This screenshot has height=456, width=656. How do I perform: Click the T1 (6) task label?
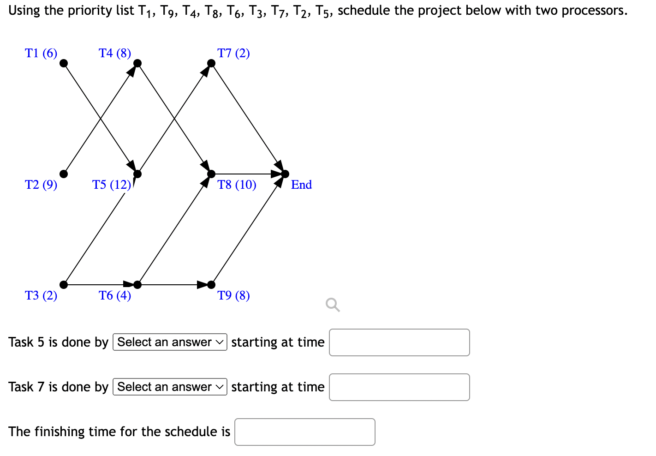point(41,53)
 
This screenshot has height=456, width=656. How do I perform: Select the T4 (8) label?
point(115,53)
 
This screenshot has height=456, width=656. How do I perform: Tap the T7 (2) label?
point(233,53)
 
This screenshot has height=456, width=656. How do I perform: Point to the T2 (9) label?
point(41,185)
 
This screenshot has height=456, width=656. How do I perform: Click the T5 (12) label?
point(112,185)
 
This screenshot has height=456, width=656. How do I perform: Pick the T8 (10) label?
point(237,185)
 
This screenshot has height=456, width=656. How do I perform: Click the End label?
point(301,185)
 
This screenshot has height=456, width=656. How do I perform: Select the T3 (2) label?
point(41,295)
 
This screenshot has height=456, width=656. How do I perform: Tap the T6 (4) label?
point(115,295)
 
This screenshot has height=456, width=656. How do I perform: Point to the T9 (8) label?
point(233,295)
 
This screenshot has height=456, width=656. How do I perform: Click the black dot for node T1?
point(64,63)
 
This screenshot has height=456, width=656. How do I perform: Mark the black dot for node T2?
point(64,174)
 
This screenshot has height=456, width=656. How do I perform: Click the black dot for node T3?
point(64,285)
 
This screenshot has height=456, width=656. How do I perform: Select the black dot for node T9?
point(211,285)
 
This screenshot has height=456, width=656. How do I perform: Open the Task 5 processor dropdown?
point(170,342)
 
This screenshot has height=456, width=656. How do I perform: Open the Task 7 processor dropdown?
point(170,387)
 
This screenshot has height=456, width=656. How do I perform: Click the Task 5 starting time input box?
point(399,342)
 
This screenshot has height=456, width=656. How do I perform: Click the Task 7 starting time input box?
point(399,387)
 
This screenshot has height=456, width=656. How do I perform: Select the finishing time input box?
point(304,432)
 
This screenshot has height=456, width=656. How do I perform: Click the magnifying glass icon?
point(333,305)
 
